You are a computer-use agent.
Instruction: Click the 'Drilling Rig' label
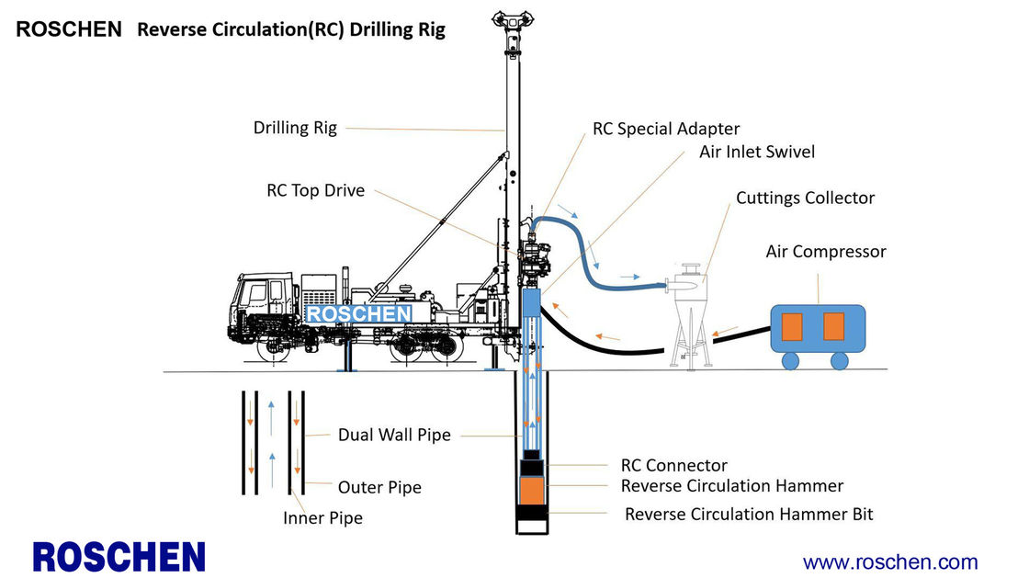click(x=295, y=128)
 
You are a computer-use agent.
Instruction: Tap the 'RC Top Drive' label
click(x=315, y=191)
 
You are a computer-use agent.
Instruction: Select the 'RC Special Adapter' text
click(x=665, y=129)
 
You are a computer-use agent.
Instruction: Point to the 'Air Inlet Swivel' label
click(x=756, y=152)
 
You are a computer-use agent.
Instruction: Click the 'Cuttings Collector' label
click(x=805, y=198)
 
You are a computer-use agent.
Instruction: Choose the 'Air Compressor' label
click(x=825, y=251)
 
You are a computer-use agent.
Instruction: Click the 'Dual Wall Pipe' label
click(x=394, y=435)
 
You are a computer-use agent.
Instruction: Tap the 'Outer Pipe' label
click(x=379, y=487)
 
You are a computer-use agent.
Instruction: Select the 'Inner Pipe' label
click(x=322, y=518)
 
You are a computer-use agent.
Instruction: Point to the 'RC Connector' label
click(x=673, y=466)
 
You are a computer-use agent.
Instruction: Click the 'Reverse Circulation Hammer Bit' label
click(x=748, y=515)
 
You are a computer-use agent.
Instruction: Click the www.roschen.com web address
click(x=889, y=561)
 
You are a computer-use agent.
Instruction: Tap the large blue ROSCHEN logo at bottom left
click(x=119, y=557)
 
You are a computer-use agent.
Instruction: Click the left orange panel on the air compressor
click(x=792, y=326)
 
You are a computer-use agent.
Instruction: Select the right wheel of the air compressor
click(x=839, y=361)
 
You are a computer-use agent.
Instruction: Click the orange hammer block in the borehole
click(x=532, y=491)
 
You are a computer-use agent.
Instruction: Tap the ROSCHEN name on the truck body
click(x=358, y=314)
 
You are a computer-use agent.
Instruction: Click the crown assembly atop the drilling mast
click(x=512, y=17)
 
